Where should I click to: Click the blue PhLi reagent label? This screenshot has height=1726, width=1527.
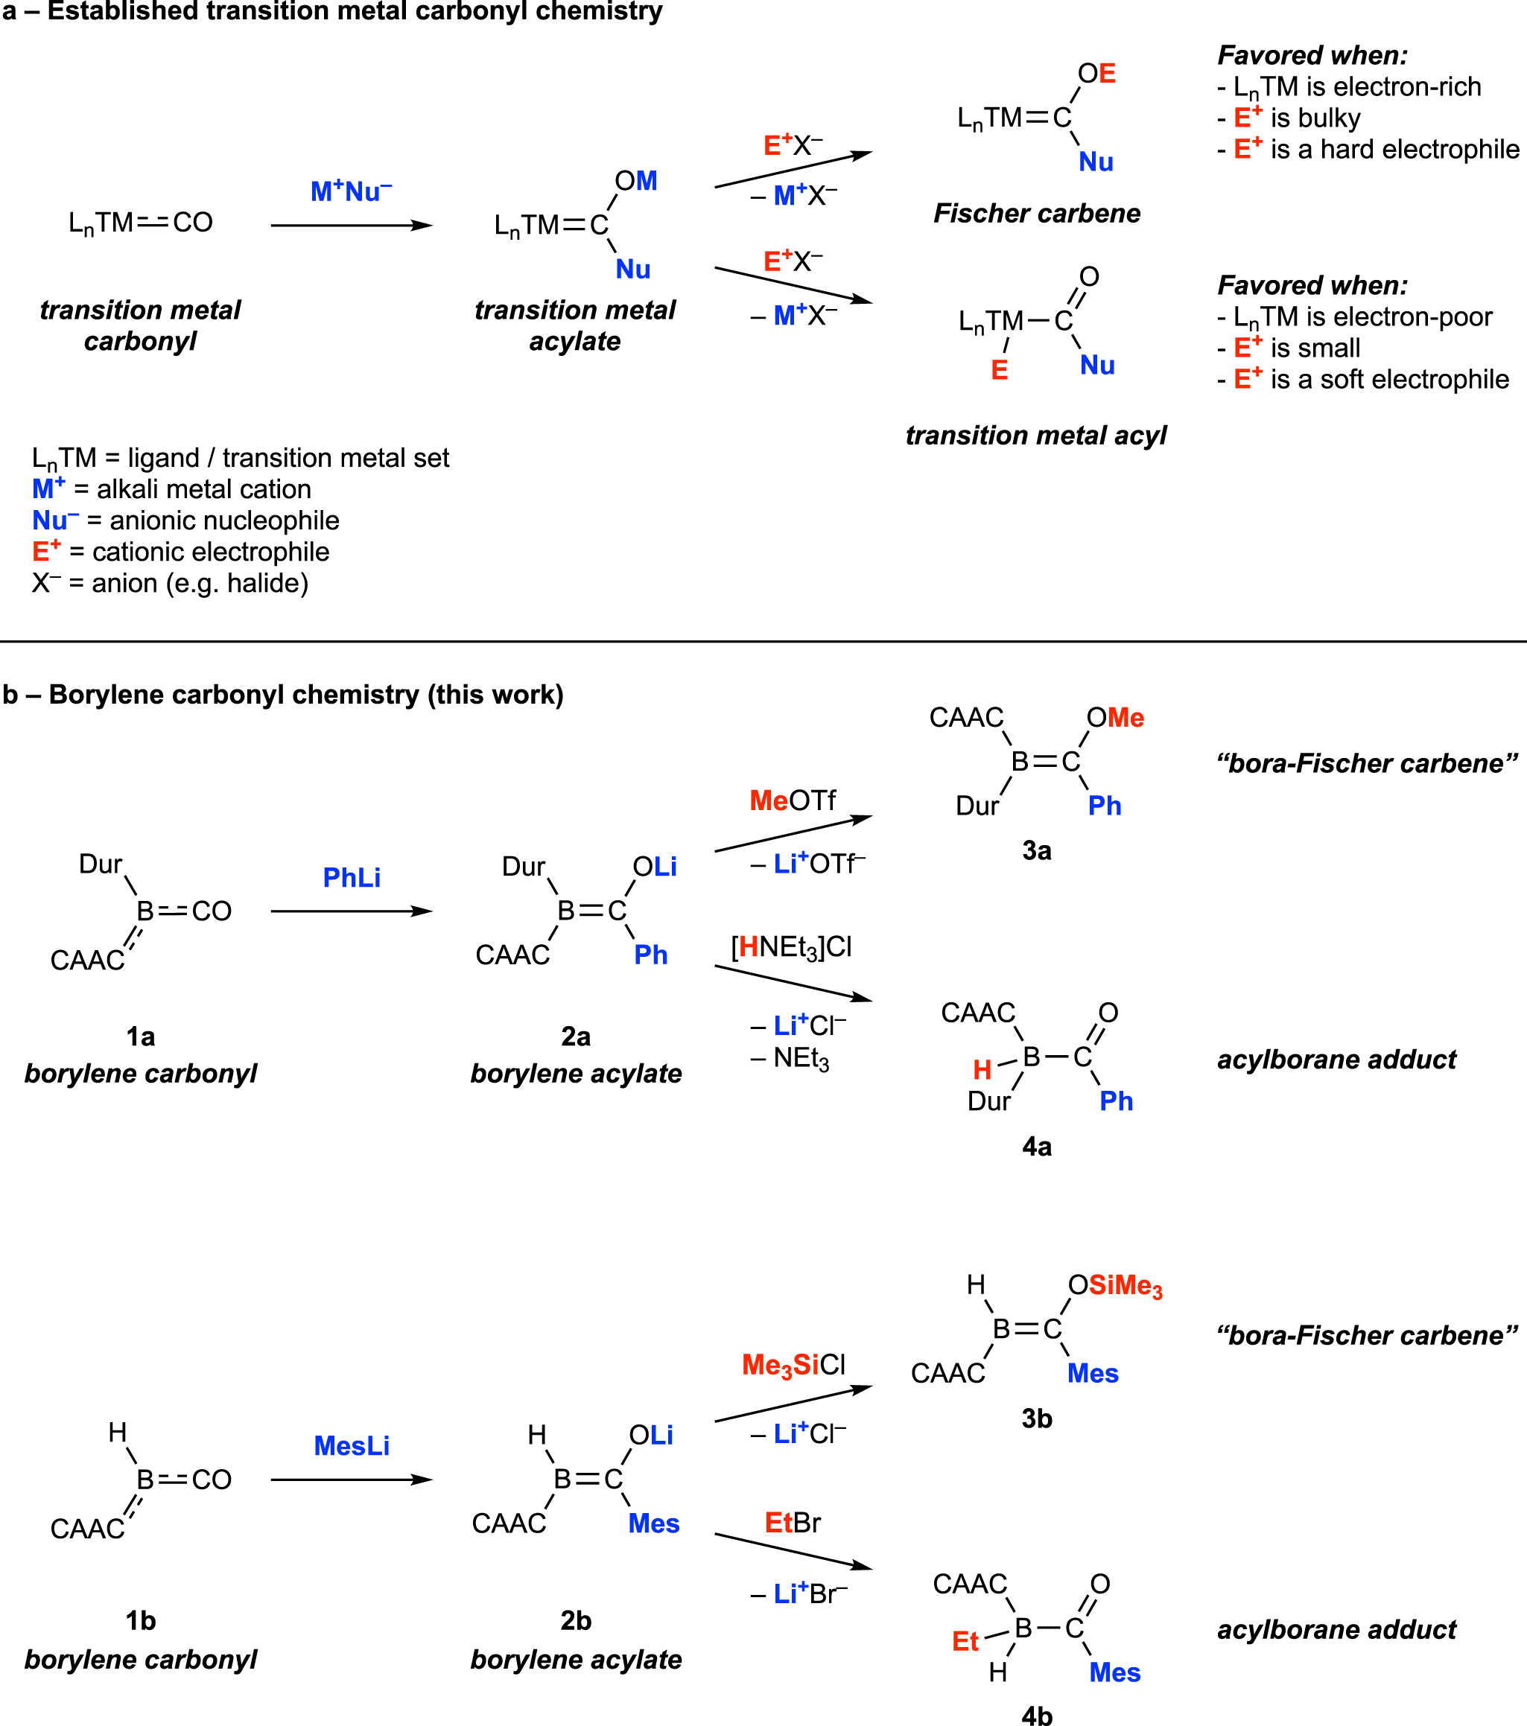352,878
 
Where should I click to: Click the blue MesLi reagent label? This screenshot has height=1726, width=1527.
352,1447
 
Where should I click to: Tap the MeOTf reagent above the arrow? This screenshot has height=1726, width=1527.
793,800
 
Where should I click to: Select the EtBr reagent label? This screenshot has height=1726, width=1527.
793,1523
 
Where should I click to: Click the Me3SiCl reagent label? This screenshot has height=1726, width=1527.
793,1366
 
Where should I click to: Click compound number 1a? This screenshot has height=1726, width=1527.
140,1037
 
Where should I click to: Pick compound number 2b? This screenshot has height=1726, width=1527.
576,1621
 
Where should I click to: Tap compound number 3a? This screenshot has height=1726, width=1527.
1037,850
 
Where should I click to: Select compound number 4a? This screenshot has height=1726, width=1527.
1037,1147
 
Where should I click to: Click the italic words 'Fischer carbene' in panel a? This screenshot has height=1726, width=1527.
1036,214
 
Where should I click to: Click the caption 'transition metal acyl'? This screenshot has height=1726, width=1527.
1035,436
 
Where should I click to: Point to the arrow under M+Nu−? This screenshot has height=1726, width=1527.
352,226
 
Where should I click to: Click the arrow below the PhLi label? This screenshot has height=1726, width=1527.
352,911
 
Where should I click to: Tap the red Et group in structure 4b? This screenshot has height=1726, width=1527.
965,1642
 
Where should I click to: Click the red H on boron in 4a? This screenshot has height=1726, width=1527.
982,1071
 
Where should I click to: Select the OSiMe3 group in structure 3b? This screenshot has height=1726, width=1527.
1116,1286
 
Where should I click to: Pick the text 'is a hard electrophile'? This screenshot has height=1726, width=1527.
1394,150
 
